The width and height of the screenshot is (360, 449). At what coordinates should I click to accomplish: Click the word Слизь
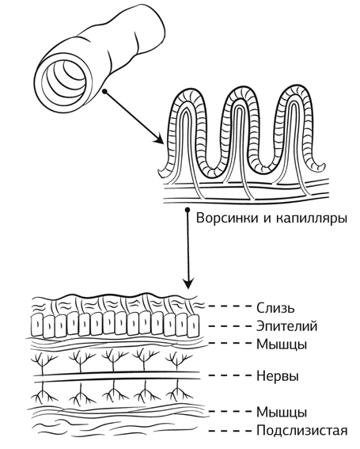(275, 308)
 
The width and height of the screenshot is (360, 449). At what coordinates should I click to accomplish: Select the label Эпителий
(286, 326)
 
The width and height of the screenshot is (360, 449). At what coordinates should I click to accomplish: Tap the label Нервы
(278, 375)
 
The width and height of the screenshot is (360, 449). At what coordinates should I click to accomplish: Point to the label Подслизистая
(302, 430)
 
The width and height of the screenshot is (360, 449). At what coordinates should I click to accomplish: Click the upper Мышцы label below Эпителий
(282, 344)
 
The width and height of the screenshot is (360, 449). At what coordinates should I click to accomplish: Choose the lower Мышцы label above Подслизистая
(282, 413)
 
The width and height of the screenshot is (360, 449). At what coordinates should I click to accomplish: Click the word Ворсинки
(226, 219)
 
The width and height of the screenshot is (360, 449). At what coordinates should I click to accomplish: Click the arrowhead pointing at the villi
(159, 139)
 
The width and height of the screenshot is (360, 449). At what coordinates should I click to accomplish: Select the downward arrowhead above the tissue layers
(188, 283)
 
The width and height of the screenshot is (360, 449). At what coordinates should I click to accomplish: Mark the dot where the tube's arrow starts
(104, 91)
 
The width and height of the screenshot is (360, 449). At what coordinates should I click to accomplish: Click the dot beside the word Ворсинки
(188, 210)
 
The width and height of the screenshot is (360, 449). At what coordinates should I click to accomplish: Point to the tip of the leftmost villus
(187, 90)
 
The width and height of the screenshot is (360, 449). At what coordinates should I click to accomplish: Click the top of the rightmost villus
(295, 88)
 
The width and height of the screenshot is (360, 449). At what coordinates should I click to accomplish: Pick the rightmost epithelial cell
(192, 325)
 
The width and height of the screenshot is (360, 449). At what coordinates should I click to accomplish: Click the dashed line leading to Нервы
(229, 375)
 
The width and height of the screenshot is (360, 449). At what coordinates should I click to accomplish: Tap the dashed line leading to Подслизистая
(229, 430)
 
